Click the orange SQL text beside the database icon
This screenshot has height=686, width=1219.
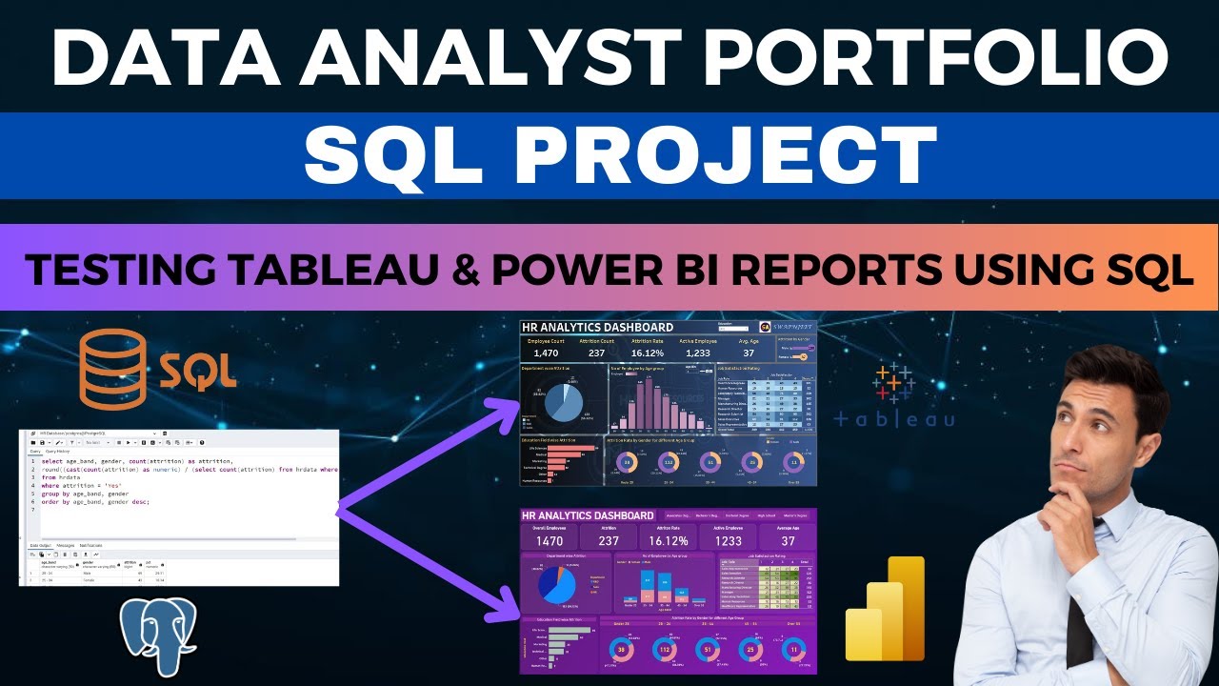(198, 370)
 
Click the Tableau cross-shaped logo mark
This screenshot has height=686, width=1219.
(893, 383)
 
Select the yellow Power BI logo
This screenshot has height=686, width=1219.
(886, 610)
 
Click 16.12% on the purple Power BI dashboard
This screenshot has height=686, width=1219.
(667, 541)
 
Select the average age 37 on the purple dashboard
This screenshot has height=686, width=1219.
(788, 541)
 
